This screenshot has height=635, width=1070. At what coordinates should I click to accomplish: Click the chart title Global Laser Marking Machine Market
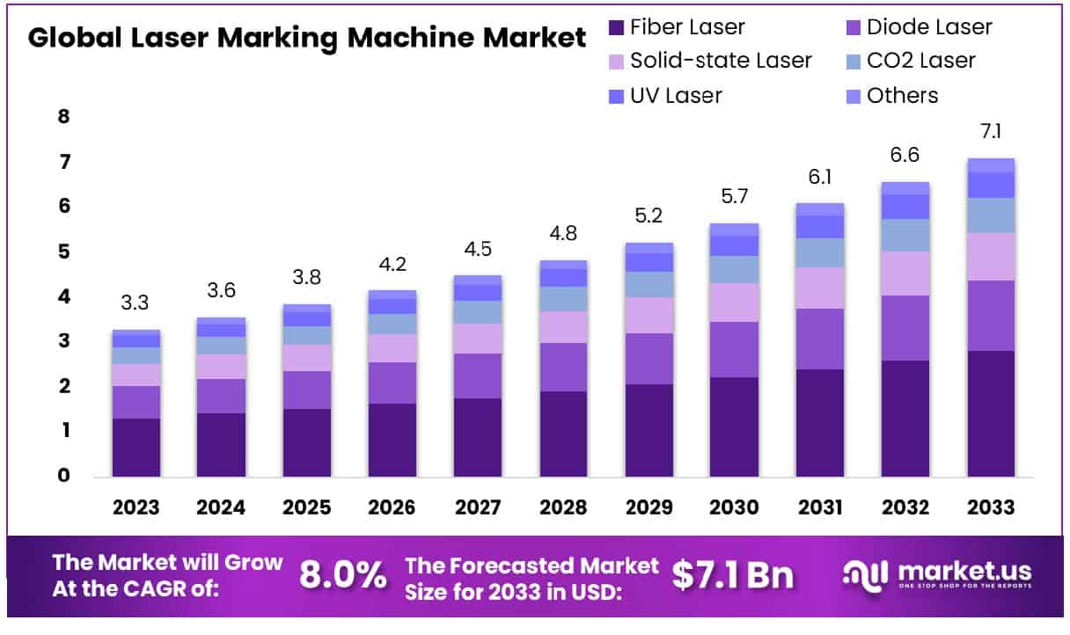pyautogui.click(x=306, y=38)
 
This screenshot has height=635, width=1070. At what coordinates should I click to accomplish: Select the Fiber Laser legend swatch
pyautogui.click(x=616, y=27)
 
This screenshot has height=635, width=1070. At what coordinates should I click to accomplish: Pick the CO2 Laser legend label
pyautogui.click(x=920, y=61)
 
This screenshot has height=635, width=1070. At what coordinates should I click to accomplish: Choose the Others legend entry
pyautogui.click(x=902, y=95)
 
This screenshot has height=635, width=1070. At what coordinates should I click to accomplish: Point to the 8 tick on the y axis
pyautogui.click(x=63, y=117)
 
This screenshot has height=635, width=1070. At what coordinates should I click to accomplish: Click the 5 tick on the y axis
pyautogui.click(x=63, y=252)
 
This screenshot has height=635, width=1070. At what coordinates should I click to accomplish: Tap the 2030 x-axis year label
pyautogui.click(x=734, y=507)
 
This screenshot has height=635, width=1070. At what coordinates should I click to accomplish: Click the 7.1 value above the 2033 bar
pyautogui.click(x=990, y=132)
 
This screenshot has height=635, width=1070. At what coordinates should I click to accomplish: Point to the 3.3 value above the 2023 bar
pyautogui.click(x=135, y=303)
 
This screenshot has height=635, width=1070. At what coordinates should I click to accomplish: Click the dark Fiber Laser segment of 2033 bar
pyautogui.click(x=990, y=413)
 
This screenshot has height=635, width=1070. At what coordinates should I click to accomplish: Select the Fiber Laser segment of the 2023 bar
pyautogui.click(x=136, y=447)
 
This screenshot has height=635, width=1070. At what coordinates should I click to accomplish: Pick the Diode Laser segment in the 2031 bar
pyautogui.click(x=819, y=339)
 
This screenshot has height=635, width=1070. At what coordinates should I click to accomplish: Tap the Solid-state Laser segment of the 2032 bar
pyautogui.click(x=905, y=273)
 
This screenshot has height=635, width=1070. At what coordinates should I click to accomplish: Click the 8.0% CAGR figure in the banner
pyautogui.click(x=342, y=575)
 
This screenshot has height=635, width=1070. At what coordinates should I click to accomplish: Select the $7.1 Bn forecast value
pyautogui.click(x=732, y=575)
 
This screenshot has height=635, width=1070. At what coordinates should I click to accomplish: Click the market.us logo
pyautogui.click(x=936, y=575)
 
